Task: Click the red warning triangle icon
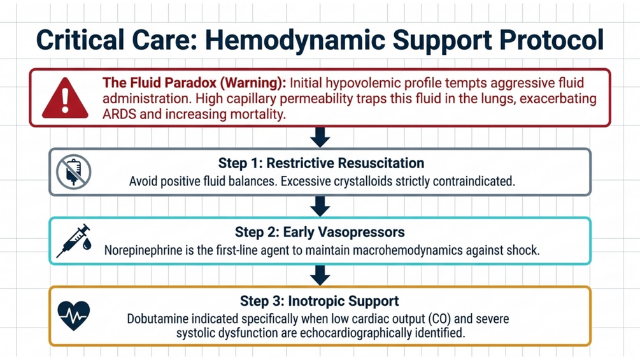pos(65,98)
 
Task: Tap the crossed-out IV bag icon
pos(73,172)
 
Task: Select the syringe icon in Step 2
pos(74,241)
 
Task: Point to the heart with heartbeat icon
pos(73,315)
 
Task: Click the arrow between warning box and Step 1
pos(320,137)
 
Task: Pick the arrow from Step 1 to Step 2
pos(320,206)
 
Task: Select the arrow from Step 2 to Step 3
pos(320,275)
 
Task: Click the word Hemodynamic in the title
pos(295,40)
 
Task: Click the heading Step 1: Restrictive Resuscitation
pos(321,163)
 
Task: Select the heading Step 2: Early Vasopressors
pos(320,232)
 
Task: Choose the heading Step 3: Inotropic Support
pos(320,301)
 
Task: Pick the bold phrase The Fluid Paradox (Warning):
pos(194,83)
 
